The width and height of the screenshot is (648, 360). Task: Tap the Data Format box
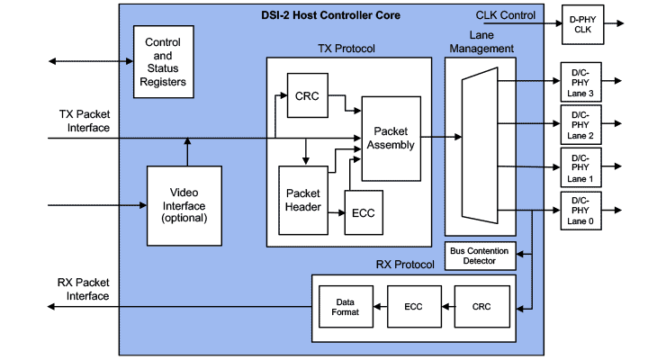pyautogui.click(x=346, y=306)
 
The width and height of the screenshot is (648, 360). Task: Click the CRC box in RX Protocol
pyautogui.click(x=481, y=306)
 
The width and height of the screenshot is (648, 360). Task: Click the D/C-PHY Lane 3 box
pyautogui.click(x=581, y=82)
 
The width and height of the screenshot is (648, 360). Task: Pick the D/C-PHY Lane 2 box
pyautogui.click(x=581, y=124)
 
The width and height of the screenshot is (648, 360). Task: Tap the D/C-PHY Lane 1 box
pyautogui.click(x=581, y=167)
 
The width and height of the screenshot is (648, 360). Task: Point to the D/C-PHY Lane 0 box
pyautogui.click(x=581, y=211)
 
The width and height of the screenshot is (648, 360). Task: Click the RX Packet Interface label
pyautogui.click(x=84, y=290)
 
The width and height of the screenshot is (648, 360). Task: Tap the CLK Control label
pyautogui.click(x=505, y=15)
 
